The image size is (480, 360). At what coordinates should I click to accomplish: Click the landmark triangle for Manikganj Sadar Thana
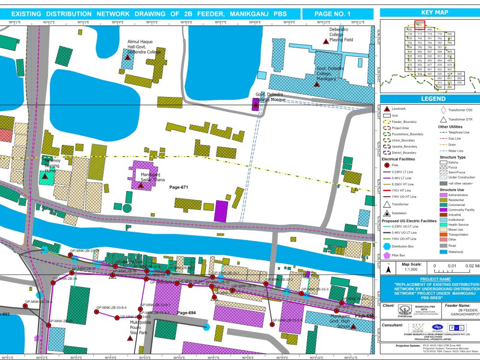pyautogui.click(x=141, y=185)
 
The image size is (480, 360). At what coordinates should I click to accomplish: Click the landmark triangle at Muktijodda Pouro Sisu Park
pyautogui.click(x=130, y=338)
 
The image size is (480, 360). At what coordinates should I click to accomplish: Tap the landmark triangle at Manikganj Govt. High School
pyautogui.click(x=353, y=326)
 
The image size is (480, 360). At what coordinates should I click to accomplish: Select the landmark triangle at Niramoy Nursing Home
pyautogui.click(x=45, y=177)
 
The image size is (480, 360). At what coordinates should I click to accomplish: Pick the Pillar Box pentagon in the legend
pyautogui.click(x=386, y=255)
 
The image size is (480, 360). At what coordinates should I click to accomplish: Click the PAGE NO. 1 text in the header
pyautogui.click(x=332, y=14)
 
